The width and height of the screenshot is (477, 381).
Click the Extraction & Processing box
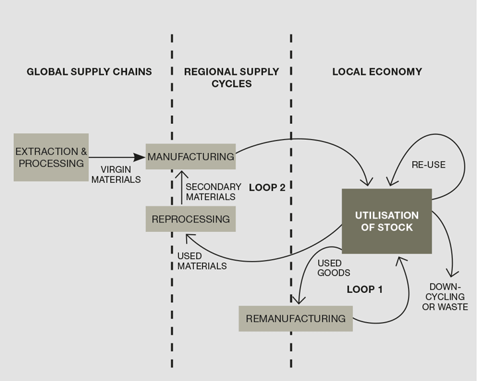pyautogui.click(x=51, y=157)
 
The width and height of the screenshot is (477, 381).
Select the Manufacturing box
pyautogui.click(x=190, y=156)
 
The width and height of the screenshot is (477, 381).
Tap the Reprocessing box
pyautogui.click(x=190, y=219)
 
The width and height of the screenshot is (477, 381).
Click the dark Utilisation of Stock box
pyautogui.click(x=386, y=221)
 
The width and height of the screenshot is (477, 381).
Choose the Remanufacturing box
pyautogui.click(x=295, y=318)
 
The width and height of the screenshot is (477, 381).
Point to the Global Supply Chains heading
pyautogui.click(x=89, y=72)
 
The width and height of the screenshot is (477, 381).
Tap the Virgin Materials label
pyautogui.click(x=116, y=174)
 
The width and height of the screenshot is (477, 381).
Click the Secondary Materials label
pyautogui.click(x=211, y=191)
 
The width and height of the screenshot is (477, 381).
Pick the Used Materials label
pyautogui.click(x=201, y=261)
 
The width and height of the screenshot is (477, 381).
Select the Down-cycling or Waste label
pyautogui.click(x=445, y=297)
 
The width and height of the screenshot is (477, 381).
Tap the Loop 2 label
pyautogui.click(x=267, y=188)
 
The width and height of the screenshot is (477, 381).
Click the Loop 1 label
pyautogui.click(x=365, y=290)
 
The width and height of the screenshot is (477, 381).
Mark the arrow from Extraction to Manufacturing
pyautogui.click(x=117, y=157)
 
